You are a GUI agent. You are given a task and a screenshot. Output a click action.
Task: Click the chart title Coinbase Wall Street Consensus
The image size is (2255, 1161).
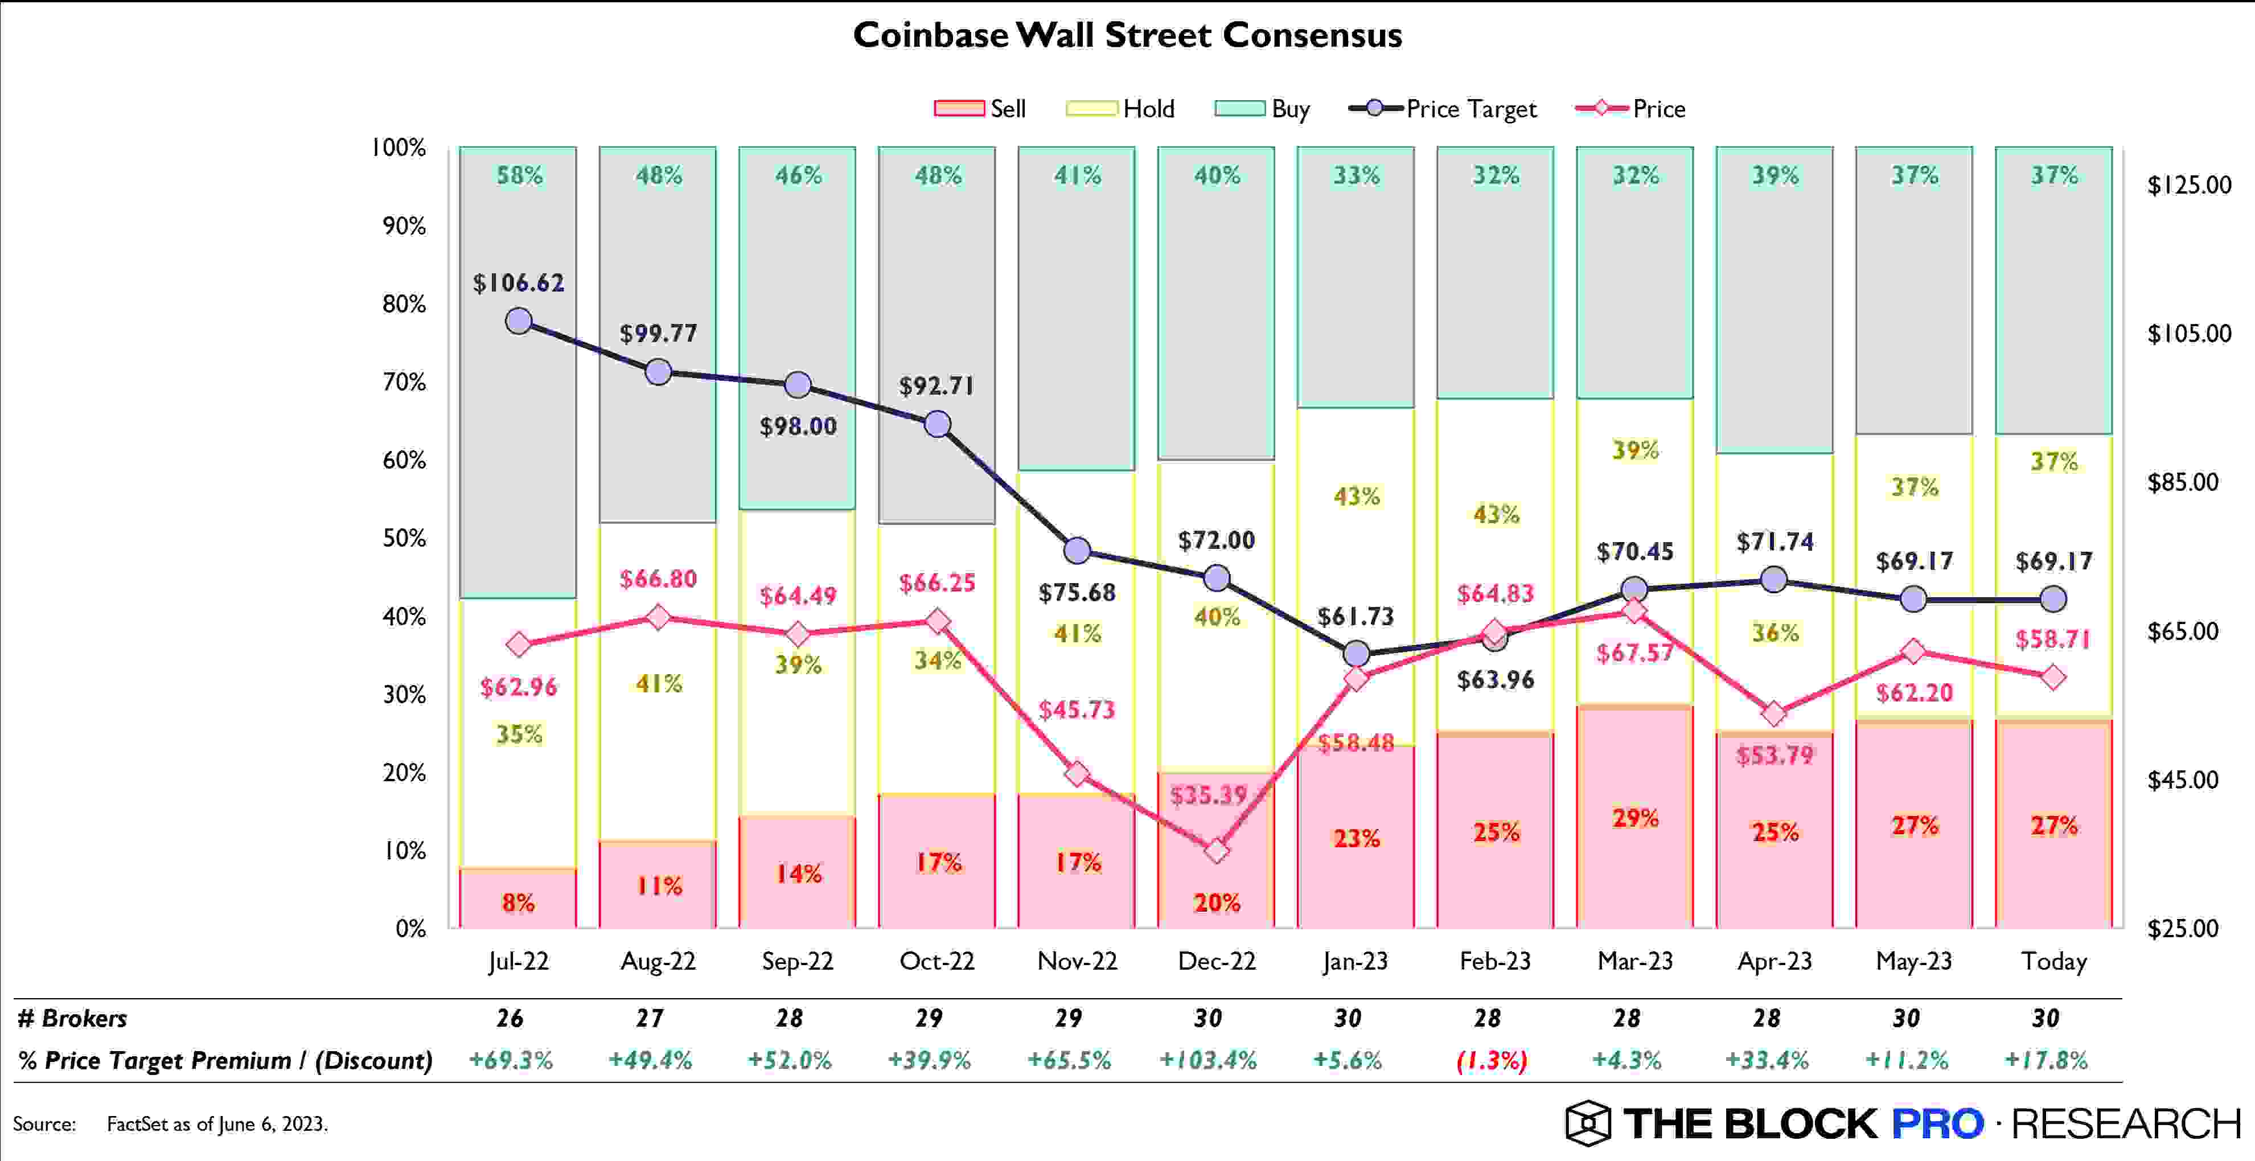pyautogui.click(x=1127, y=36)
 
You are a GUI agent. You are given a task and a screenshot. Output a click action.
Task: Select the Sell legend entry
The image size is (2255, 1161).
pyautogui.click(x=980, y=109)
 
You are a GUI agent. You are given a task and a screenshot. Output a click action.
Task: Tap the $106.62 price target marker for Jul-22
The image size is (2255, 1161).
pyautogui.click(x=519, y=321)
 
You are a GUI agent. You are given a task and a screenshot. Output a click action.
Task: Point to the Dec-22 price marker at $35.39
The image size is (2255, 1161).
pyautogui.click(x=1216, y=850)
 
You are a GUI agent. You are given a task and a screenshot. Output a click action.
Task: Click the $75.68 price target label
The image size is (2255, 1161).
pyautogui.click(x=1077, y=593)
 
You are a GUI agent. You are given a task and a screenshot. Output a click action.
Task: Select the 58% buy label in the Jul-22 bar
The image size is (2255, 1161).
pyautogui.click(x=519, y=175)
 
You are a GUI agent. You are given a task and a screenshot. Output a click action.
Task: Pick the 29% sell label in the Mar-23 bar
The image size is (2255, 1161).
pyautogui.click(x=1635, y=818)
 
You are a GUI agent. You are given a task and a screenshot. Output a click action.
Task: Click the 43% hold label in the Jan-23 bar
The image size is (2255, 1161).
pyautogui.click(x=1356, y=497)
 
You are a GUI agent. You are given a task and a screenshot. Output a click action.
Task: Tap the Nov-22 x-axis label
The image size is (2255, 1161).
pyautogui.click(x=1077, y=961)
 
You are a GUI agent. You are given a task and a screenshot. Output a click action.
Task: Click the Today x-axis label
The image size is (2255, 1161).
pyautogui.click(x=2053, y=961)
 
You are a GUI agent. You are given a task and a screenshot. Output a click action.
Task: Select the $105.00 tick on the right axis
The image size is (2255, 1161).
pyautogui.click(x=2188, y=334)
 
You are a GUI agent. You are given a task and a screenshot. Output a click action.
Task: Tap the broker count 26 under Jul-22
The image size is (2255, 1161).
pyautogui.click(x=510, y=1018)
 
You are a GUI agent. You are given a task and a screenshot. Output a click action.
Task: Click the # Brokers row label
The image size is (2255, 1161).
pyautogui.click(x=72, y=1018)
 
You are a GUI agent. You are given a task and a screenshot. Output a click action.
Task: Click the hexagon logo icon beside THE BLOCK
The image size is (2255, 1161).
pyautogui.click(x=1587, y=1123)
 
